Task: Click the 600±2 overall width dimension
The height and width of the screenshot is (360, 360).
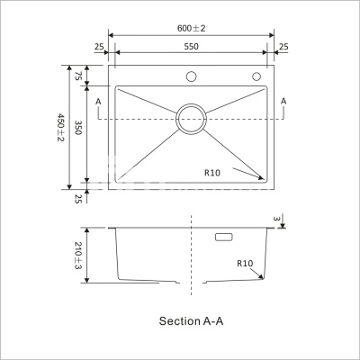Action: [191, 28]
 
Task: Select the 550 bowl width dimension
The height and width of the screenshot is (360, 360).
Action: [191, 47]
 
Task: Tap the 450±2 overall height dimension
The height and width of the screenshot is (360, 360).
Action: [61, 127]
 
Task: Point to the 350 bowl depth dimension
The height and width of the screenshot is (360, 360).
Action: [78, 128]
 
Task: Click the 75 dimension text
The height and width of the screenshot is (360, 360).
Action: [77, 76]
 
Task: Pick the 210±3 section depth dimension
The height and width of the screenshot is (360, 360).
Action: [78, 256]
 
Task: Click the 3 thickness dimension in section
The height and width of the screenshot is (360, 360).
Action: [276, 219]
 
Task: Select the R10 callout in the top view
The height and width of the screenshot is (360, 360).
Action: [212, 173]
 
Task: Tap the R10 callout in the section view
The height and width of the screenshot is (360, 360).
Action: [245, 264]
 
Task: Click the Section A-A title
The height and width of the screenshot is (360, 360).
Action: [191, 321]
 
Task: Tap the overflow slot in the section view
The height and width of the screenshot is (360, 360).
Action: [224, 237]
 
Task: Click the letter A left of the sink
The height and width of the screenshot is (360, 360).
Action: [98, 102]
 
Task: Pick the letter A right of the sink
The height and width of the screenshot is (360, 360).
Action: [283, 102]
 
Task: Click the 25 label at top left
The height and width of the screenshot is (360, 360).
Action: [99, 47]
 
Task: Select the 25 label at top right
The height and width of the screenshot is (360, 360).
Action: [283, 47]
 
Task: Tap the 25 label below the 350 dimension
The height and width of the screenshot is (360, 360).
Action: [78, 199]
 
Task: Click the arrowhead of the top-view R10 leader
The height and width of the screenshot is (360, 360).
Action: [261, 178]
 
